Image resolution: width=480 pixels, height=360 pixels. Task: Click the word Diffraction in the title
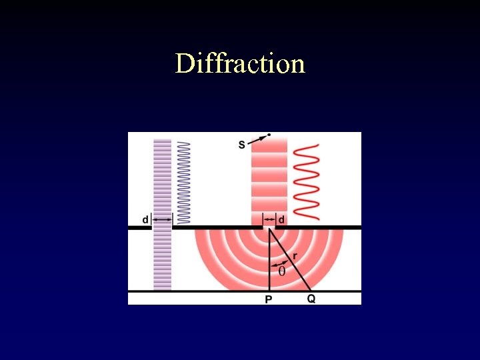coord(240,64)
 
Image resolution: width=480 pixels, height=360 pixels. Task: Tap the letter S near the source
coord(241,145)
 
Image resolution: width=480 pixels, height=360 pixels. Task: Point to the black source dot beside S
coord(269,135)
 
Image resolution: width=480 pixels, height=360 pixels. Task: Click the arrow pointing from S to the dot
coord(256,140)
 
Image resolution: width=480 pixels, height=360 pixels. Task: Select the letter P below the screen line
coord(269,300)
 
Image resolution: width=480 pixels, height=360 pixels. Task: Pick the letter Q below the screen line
coord(311,299)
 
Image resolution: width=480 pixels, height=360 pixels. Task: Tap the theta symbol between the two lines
coord(281,271)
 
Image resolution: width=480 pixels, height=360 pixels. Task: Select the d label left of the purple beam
coord(145,219)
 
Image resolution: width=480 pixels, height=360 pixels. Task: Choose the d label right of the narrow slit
coord(281,219)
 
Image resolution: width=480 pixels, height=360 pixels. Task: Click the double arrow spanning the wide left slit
coord(163,219)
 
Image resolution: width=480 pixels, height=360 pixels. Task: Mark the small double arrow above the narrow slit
coord(269,219)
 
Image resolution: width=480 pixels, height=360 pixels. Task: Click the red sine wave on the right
coord(307,181)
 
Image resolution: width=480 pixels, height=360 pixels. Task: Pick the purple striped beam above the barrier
coord(163,177)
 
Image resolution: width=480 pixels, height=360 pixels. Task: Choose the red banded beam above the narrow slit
coord(269,177)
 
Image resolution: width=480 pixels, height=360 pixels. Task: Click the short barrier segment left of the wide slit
coord(140,228)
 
